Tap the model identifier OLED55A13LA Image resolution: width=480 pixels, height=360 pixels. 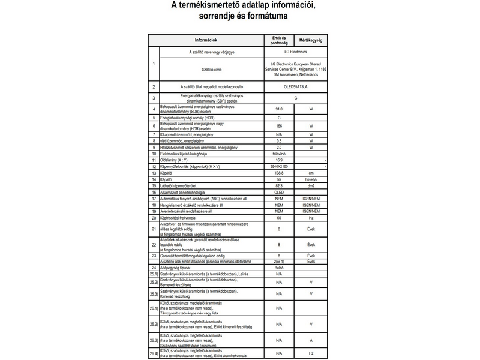click(x=295, y=87)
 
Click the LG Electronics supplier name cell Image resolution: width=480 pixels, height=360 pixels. click(x=295, y=52)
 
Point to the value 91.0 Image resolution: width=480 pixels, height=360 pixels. click(x=279, y=110)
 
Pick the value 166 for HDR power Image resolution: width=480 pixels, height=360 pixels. click(x=279, y=127)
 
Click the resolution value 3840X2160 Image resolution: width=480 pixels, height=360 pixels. click(x=279, y=166)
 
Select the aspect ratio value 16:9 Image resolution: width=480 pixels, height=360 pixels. click(x=279, y=160)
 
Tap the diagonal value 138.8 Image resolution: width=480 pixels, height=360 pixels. click(x=279, y=173)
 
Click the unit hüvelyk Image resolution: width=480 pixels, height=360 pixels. click(x=311, y=179)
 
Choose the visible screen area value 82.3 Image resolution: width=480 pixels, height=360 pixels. click(x=279, y=186)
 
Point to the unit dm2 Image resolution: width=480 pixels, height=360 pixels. click(x=311, y=186)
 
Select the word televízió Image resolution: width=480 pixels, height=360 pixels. click(x=279, y=154)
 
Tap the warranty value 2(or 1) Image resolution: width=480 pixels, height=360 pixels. click(x=279, y=262)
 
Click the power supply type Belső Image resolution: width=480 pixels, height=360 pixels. click(x=279, y=268)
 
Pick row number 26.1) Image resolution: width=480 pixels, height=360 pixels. click(x=152, y=308)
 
